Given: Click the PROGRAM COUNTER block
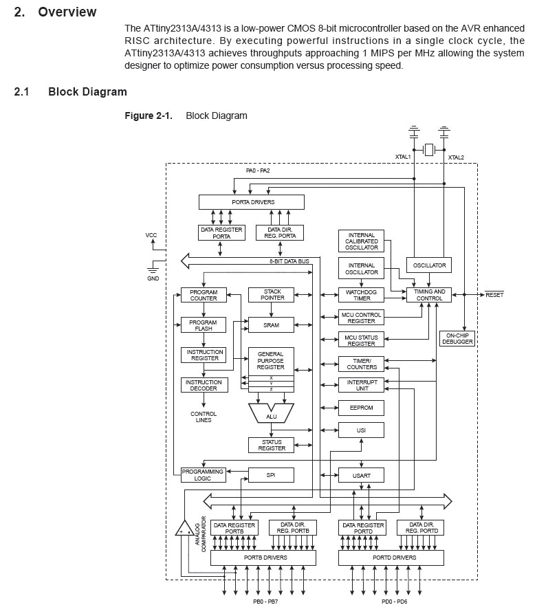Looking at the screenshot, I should [203, 295].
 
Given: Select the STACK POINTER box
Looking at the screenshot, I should [272, 295].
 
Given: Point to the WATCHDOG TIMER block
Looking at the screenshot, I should [361, 295].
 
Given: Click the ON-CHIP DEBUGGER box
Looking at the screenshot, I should [457, 338].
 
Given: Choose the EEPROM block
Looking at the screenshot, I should [361, 408].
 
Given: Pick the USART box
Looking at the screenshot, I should [361, 474].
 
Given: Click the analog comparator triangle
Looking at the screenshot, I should [184, 529].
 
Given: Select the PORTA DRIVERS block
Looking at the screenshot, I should [252, 202].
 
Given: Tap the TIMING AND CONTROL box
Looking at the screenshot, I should [430, 295].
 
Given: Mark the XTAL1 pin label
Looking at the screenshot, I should [402, 157].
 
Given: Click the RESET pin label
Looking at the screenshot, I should [494, 295].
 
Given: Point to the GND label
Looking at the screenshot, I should [153, 278].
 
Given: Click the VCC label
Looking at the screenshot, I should [151, 235].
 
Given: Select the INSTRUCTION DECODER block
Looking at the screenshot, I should [203, 386].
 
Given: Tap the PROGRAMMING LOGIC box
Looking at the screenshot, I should [203, 474].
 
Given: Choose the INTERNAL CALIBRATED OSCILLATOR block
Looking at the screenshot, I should [361, 242].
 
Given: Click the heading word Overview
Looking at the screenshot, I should [67, 12].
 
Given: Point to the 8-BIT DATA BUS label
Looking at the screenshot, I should [289, 262].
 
